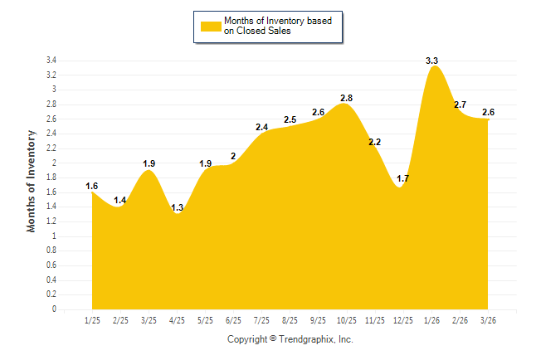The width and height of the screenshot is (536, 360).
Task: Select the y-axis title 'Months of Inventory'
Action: click(x=32, y=180)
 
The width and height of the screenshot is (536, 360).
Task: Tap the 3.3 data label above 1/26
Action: click(x=431, y=61)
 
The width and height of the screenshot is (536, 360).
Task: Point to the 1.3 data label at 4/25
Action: click(x=178, y=207)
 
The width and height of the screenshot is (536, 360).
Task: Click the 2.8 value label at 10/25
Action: click(x=346, y=99)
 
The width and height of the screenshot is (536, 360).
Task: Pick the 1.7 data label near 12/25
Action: click(x=403, y=178)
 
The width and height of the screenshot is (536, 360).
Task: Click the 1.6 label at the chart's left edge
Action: click(x=92, y=186)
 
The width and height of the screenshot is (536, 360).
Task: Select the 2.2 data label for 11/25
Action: click(x=374, y=143)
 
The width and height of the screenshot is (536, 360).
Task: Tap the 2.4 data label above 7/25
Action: click(x=261, y=128)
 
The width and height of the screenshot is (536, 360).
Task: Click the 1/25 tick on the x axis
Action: click(x=92, y=319)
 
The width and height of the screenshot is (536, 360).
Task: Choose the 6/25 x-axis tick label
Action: click(x=233, y=319)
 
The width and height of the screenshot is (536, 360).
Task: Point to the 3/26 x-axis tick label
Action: click(x=489, y=319)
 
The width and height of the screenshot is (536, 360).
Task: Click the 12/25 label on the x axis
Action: click(x=403, y=319)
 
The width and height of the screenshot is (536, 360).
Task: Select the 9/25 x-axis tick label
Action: click(x=318, y=319)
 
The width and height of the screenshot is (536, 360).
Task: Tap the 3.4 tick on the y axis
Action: click(x=51, y=61)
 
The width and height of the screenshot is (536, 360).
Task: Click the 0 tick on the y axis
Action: click(x=54, y=309)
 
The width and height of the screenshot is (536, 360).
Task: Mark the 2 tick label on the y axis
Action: click(x=54, y=163)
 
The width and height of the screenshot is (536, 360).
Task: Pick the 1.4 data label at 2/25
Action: click(x=120, y=201)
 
